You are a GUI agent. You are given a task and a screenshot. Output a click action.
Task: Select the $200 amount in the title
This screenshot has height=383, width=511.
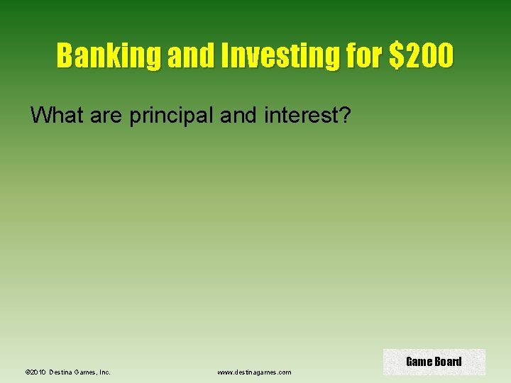(421, 55)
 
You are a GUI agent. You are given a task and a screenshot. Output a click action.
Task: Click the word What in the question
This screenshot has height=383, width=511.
(56, 115)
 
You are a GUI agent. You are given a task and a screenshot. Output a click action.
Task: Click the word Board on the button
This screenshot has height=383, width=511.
(448, 362)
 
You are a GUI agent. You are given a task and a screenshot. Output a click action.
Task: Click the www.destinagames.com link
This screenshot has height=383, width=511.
(254, 372)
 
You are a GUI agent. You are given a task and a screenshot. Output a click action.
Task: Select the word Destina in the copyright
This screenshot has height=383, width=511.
(61, 372)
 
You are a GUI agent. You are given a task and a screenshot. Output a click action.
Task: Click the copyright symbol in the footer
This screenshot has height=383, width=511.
(27, 372)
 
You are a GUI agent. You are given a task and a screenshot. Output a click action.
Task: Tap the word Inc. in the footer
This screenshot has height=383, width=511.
(104, 372)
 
